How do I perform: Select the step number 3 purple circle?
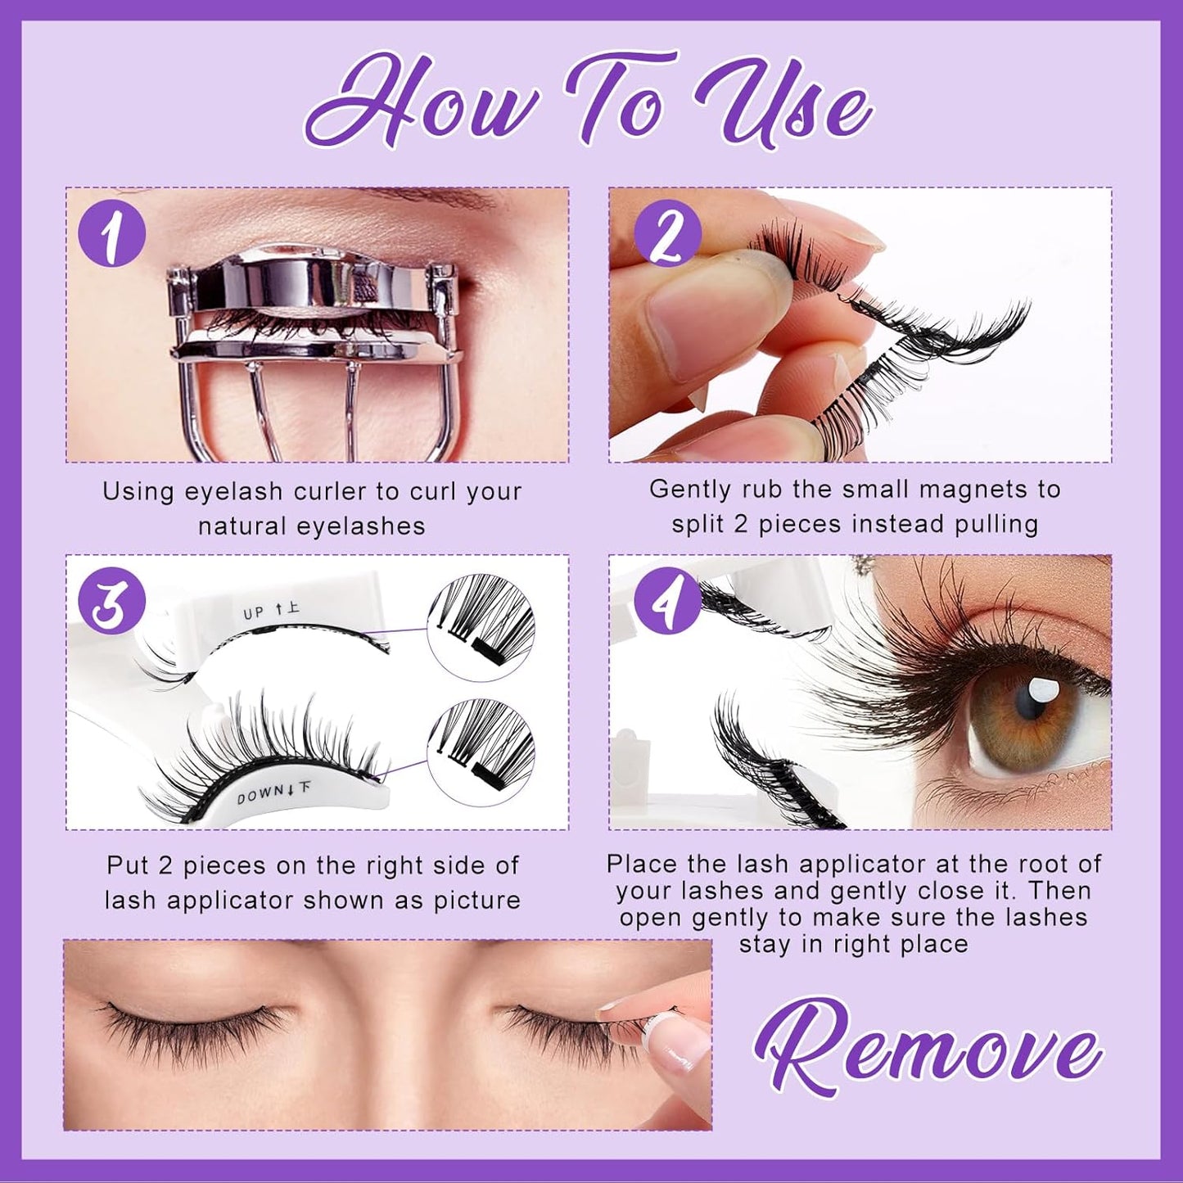pyautogui.click(x=111, y=604)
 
